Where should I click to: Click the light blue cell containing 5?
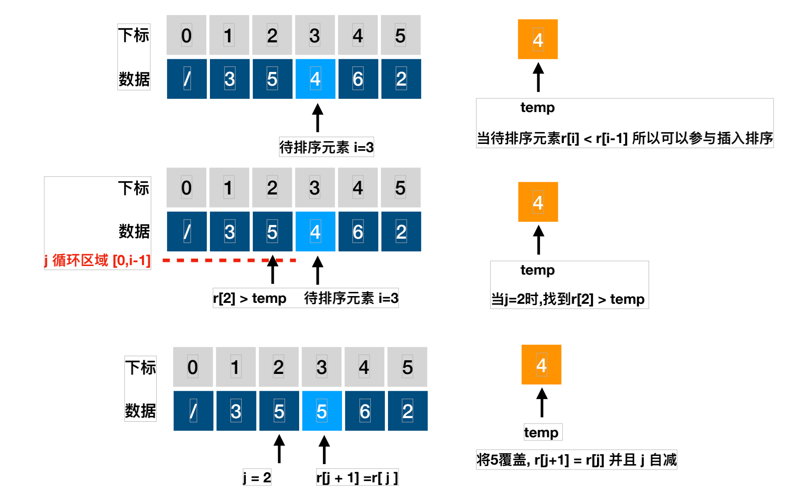322,411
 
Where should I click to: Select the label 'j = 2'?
257,477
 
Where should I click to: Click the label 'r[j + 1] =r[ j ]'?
357,477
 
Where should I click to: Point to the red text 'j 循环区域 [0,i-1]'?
97,261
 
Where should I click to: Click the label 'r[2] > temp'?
250,298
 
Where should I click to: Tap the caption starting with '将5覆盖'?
577,460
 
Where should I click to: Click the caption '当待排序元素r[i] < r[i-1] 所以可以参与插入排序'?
625,138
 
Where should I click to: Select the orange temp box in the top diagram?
538,39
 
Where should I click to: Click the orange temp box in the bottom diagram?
541,365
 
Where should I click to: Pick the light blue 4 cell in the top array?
315,79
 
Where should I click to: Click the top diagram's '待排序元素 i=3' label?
327,147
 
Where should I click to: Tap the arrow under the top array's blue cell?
318,118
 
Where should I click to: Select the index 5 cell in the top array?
401,35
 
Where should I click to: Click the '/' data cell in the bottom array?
193,411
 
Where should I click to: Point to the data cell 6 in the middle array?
358,231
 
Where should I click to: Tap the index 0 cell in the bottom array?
193,367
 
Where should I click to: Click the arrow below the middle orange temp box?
538,240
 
